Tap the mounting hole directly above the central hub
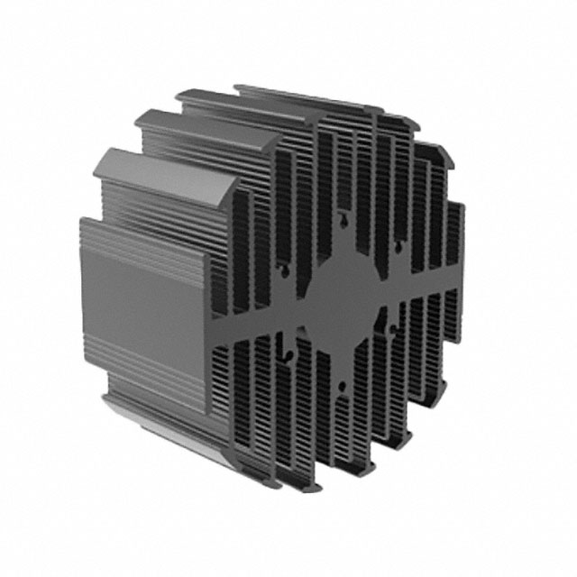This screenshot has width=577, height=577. (x=343, y=217)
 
